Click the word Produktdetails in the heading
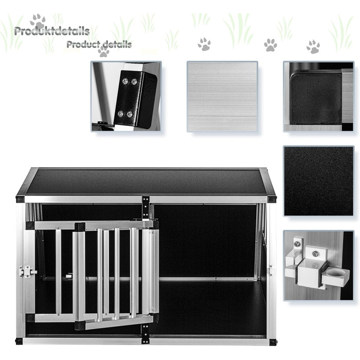pyautogui.click(x=52, y=31)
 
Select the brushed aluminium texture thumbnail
pyautogui.click(x=222, y=97)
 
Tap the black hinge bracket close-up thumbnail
pyautogui.click(x=126, y=97)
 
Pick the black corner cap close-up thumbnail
pyautogui.click(x=318, y=97)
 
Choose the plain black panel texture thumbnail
pyautogui.click(x=318, y=181)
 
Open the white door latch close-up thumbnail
pyautogui.click(x=318, y=265)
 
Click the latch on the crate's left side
pyautogui.click(x=28, y=272)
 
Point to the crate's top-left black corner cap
pyautogui.click(x=20, y=199)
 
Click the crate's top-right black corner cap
pyautogui.click(x=272, y=199)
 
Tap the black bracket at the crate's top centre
pyautogui.click(x=146, y=207)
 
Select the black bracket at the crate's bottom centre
pyautogui.click(x=145, y=334)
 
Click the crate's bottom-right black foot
pyautogui.click(x=273, y=342)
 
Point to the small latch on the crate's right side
pyautogui.click(x=271, y=271)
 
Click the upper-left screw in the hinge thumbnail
pyautogui.click(x=125, y=81)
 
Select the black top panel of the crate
pyautogui.click(x=146, y=182)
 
